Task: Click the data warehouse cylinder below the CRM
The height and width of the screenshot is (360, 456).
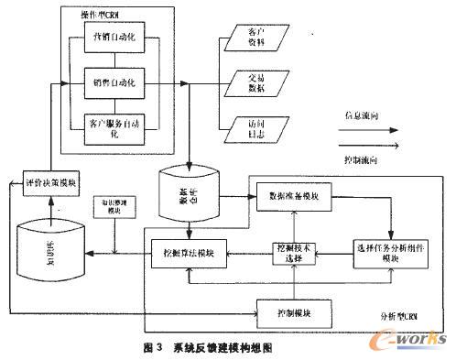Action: (185, 195)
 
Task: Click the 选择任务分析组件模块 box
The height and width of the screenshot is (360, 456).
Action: (389, 253)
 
